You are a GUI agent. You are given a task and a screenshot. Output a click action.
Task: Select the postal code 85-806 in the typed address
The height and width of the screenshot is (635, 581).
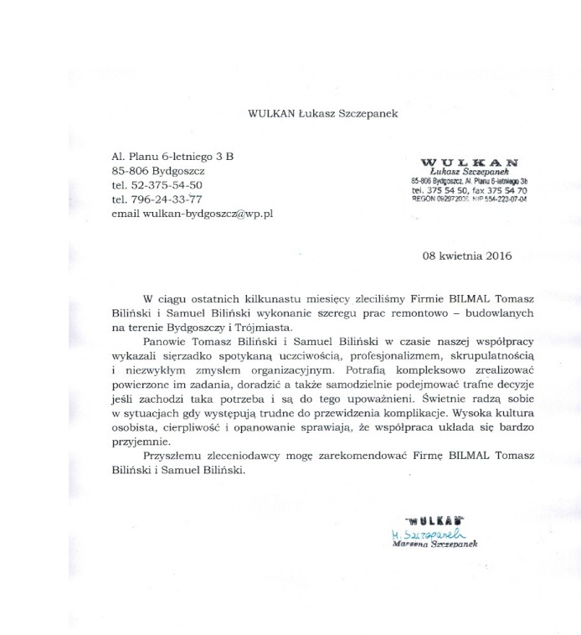(134, 170)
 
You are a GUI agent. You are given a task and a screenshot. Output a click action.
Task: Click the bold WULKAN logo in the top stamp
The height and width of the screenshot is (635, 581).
(470, 162)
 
